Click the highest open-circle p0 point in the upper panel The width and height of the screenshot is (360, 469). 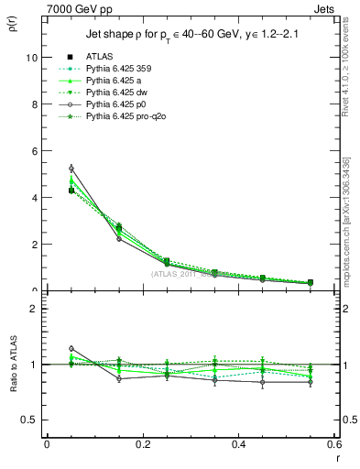[x=71, y=169]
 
